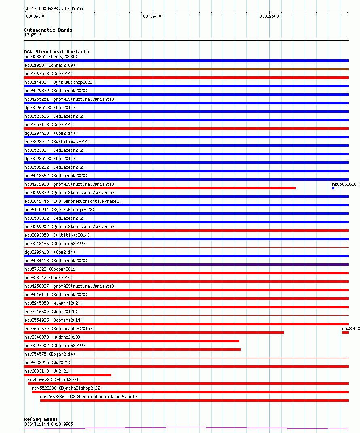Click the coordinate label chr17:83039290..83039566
pos(53,8)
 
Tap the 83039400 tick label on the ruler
pos(152,16)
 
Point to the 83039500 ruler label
pos(269,16)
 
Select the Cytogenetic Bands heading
pos(48,30)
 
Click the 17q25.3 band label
pos(33,35)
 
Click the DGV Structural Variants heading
pos(56,52)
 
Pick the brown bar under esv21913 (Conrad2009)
pos(186,69)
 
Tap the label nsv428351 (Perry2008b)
pos(51,57)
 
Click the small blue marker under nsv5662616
pos(333,188)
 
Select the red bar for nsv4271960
pos(160,188)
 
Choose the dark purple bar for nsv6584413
pos(186,265)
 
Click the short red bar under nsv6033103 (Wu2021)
pos(68,375)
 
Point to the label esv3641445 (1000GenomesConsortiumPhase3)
pos(73,201)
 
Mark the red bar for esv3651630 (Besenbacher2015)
pos(154,333)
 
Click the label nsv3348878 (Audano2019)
pos(52,337)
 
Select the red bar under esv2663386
pos(194,401)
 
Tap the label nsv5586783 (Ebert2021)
pos(54,380)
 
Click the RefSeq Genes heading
pos(41,419)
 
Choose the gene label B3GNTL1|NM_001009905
pos(49,424)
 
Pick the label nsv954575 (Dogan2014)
pos(49,354)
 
